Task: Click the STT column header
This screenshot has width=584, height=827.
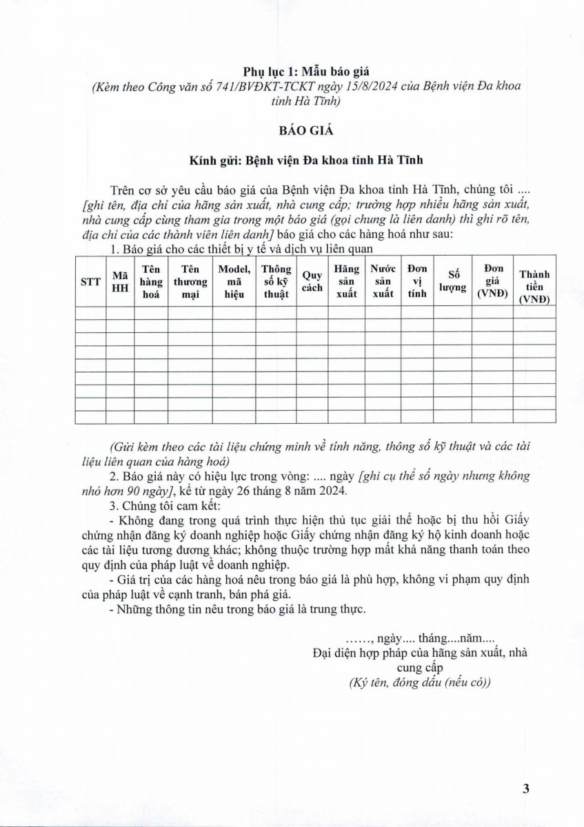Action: coord(90,281)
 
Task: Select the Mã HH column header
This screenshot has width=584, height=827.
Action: coord(120,281)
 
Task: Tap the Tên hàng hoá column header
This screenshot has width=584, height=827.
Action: coord(151,281)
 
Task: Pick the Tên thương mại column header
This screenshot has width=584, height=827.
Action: coord(190,281)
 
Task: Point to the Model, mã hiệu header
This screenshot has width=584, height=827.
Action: coord(234,281)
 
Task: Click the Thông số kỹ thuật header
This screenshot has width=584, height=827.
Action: coord(276,281)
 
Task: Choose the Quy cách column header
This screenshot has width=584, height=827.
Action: coord(312,281)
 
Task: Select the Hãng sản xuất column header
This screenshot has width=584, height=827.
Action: coord(346,281)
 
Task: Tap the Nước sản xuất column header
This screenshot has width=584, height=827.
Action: coord(383,281)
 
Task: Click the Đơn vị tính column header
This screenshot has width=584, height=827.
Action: coord(417,281)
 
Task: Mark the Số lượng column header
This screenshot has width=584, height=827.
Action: coord(452,281)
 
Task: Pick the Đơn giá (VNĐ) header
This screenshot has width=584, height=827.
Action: coord(492,281)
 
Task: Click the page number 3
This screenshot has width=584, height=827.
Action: coord(525,790)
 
